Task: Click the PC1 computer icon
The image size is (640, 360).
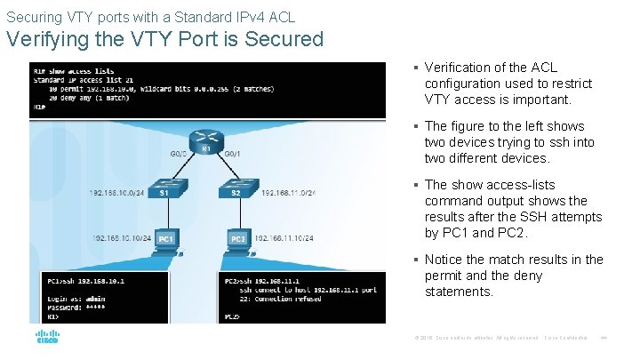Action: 165,240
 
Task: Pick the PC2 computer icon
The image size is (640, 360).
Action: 238,240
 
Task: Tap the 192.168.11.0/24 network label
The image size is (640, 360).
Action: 288,192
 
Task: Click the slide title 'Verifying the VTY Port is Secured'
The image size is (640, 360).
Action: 165,39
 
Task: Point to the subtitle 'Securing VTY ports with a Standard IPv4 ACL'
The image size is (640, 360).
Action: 151,16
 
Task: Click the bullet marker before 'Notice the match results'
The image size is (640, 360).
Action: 416,260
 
